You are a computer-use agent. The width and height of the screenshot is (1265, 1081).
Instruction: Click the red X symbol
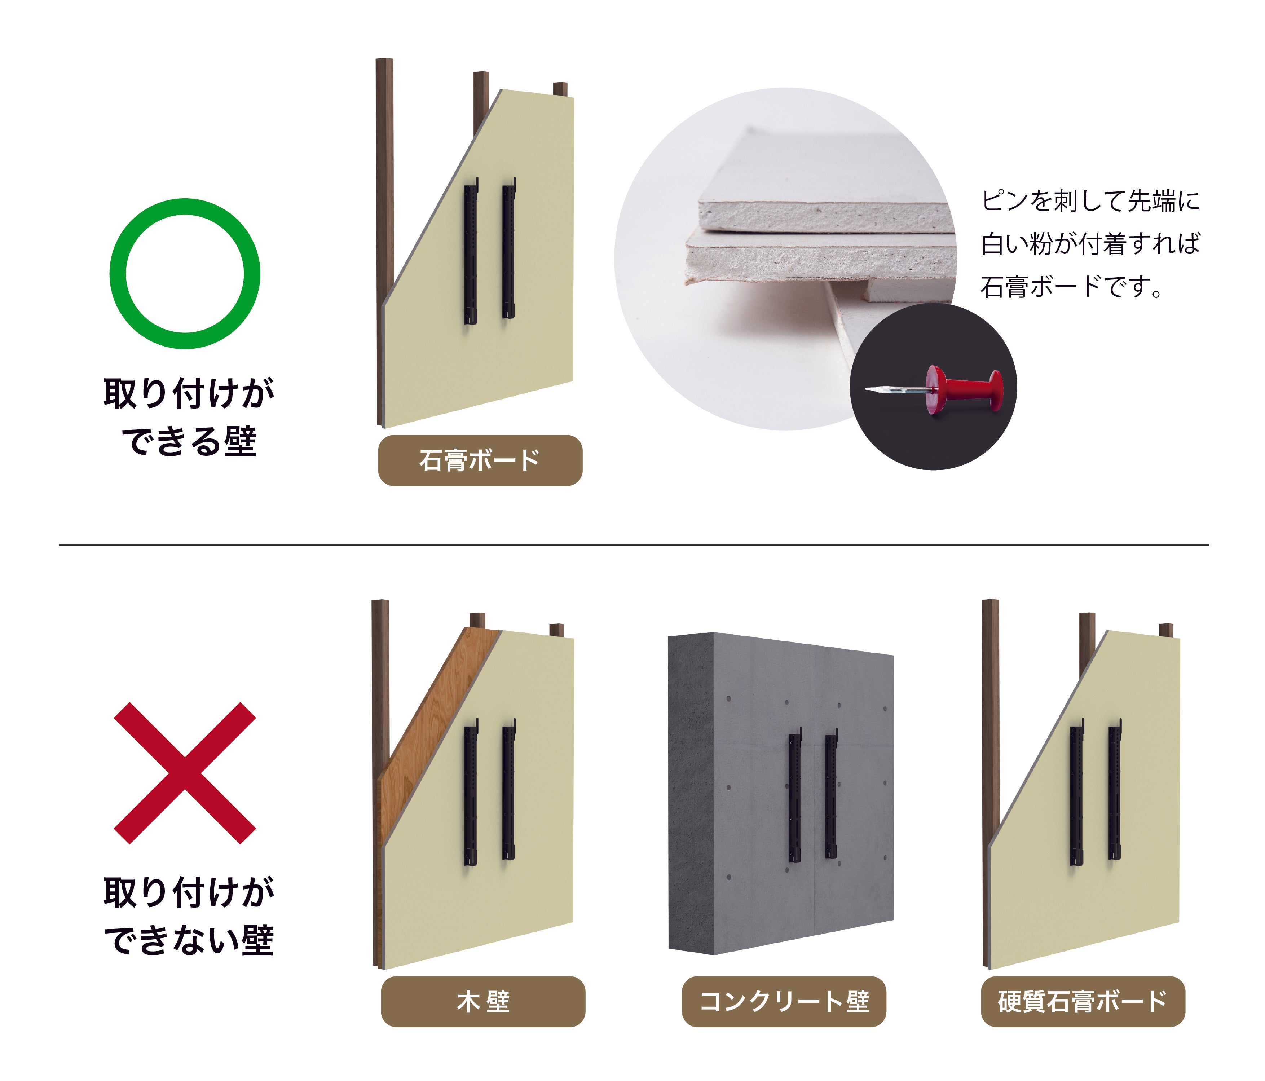tap(185, 773)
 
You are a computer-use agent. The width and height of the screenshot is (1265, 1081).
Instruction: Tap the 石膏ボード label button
tap(480, 461)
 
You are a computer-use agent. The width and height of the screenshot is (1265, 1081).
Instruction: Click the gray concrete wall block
tap(781, 794)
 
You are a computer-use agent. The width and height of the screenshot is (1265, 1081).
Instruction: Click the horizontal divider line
tap(634, 544)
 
